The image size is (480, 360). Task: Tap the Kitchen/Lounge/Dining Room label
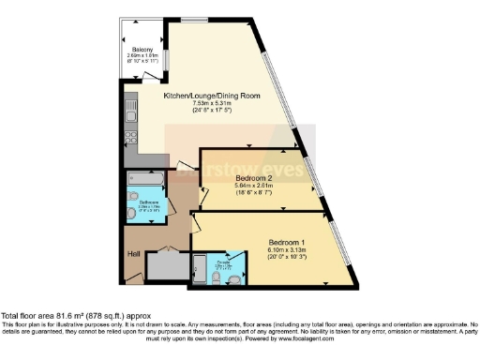[212, 96]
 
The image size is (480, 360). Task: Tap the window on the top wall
[194, 19]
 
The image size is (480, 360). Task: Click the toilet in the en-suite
[236, 277]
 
